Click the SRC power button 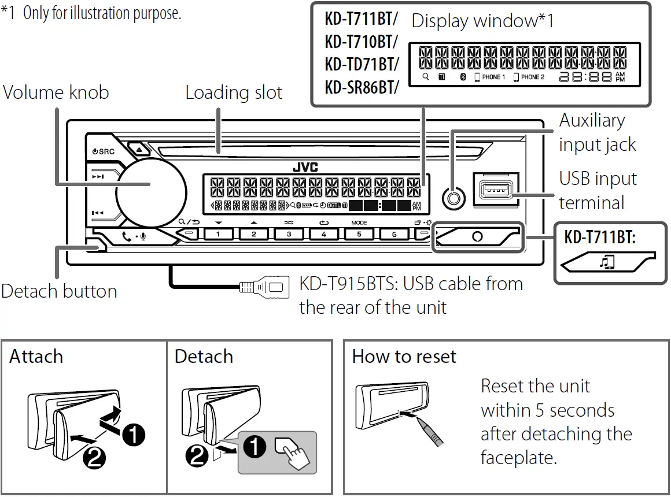103,151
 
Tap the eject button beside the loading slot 140,149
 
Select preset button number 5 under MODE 359,234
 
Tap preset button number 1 217,234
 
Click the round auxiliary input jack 453,198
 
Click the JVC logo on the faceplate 305,167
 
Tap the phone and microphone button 134,236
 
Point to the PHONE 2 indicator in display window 529,77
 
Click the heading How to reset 404,357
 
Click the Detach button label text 59,291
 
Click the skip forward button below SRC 98,177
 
